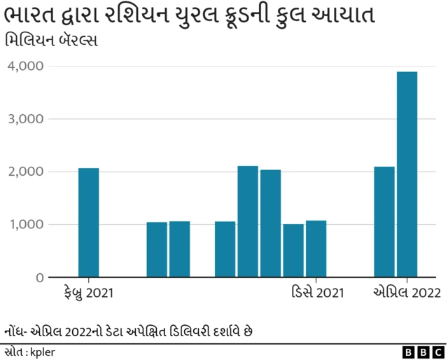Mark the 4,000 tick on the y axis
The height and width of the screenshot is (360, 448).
click(26, 66)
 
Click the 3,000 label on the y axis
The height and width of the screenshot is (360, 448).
click(26, 119)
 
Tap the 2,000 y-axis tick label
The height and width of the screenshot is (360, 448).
click(26, 172)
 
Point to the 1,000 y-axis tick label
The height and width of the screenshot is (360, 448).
click(26, 225)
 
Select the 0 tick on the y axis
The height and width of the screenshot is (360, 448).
click(39, 278)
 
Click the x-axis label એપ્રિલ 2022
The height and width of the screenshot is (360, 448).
click(407, 293)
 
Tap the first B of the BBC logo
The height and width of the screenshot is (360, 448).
click(409, 352)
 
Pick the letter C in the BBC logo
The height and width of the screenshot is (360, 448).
click(438, 352)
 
